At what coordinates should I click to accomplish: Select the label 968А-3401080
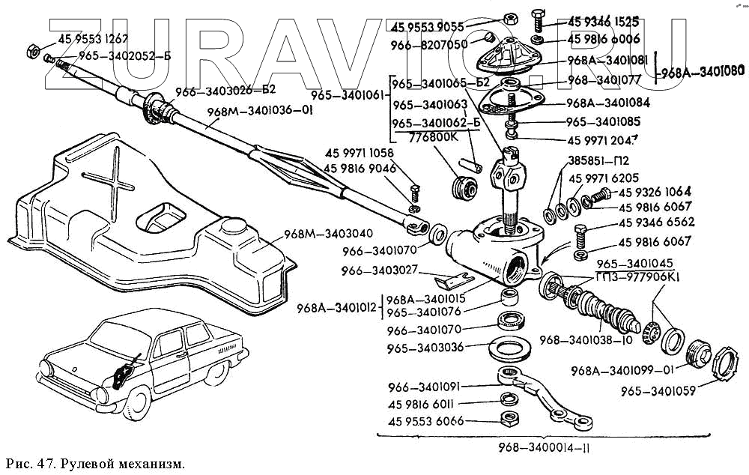(700, 72)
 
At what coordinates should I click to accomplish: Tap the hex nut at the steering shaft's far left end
(33, 51)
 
